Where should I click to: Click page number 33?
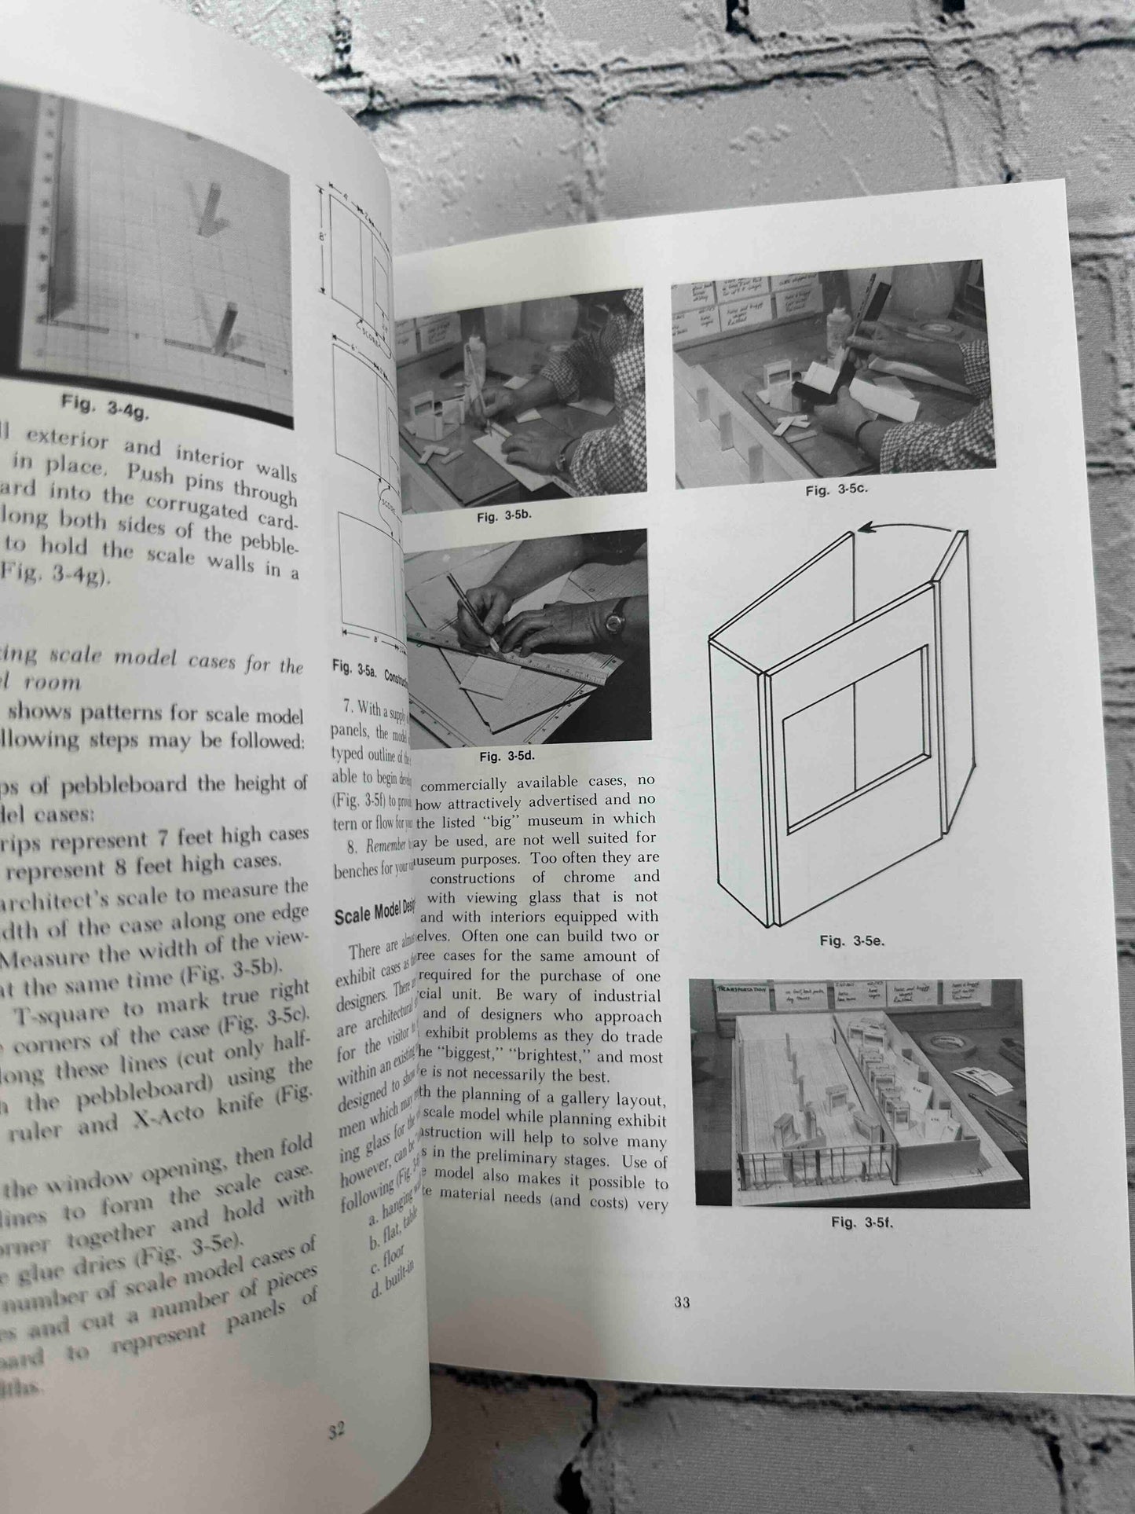coord(682,1303)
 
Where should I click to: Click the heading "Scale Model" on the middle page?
coord(369,917)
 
